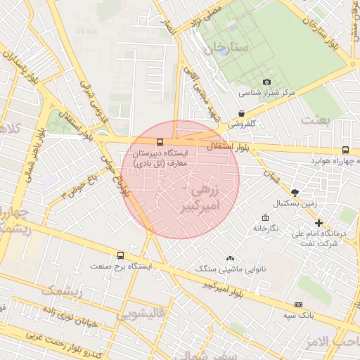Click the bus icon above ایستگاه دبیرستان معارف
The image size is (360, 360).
tap(160, 141)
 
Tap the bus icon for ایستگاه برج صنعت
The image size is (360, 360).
tap(120, 256)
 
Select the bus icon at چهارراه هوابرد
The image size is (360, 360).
tap(345, 150)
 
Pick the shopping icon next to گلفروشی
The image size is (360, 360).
tap(242, 112)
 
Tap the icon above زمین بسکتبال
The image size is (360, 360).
tap(295, 192)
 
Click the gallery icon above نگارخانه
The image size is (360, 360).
tap(264, 217)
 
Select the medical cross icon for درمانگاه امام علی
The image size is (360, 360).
tap(319, 222)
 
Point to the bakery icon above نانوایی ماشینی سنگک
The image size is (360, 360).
tap(229, 258)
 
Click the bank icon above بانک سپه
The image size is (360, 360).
tap(298, 304)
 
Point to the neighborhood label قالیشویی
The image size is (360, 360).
tap(145, 314)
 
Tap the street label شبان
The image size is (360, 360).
tap(271, 174)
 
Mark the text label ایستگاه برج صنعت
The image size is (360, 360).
tap(120, 267)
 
